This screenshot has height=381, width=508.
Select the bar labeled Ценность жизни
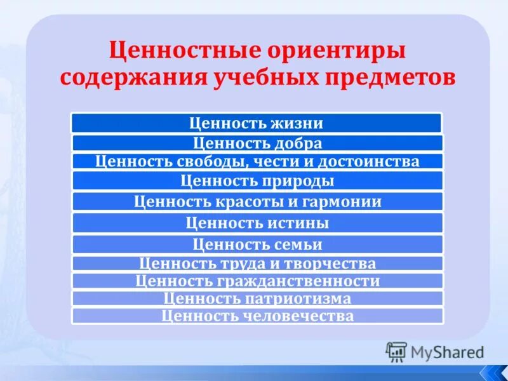257,123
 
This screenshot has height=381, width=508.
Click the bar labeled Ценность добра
257,143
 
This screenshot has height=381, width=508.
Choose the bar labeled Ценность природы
257,181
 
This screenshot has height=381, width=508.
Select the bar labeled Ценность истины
257,223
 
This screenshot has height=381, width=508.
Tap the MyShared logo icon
397,351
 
